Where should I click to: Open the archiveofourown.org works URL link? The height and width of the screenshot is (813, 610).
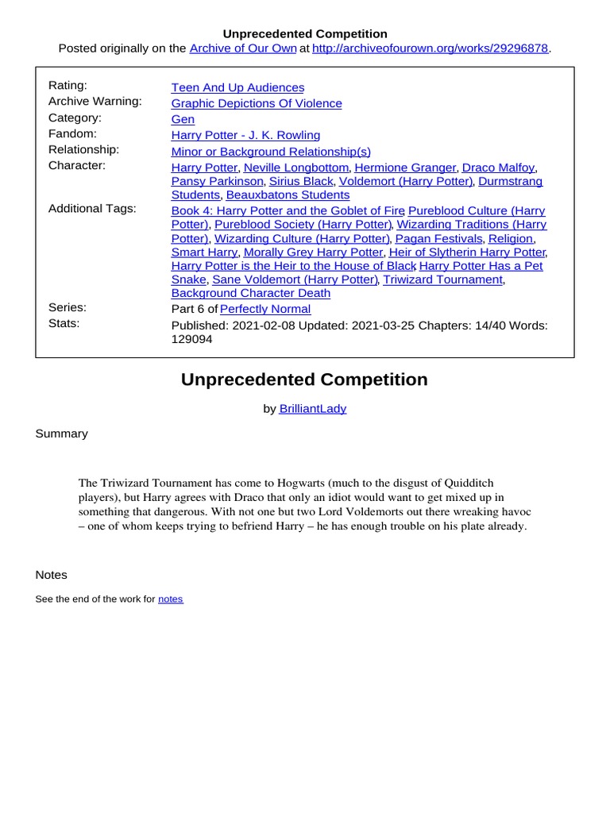pyautogui.click(x=430, y=48)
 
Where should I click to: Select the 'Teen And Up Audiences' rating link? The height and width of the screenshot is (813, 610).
pyautogui.click(x=237, y=87)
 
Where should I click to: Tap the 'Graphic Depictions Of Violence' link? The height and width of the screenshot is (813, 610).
pyautogui.click(x=257, y=103)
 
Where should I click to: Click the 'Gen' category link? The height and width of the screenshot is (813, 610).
pyautogui.click(x=183, y=119)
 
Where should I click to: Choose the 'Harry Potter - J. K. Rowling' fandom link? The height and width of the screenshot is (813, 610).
pyautogui.click(x=245, y=135)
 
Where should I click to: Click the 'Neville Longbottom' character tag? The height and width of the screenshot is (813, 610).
pyautogui.click(x=295, y=168)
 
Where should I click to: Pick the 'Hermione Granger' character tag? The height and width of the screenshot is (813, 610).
pyautogui.click(x=405, y=168)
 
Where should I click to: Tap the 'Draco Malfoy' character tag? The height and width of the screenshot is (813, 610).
pyautogui.click(x=499, y=168)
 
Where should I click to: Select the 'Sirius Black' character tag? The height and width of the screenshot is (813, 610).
pyautogui.click(x=301, y=181)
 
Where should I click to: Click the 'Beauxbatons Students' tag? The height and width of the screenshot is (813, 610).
pyautogui.click(x=288, y=195)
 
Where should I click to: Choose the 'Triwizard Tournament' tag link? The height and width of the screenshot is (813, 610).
pyautogui.click(x=442, y=279)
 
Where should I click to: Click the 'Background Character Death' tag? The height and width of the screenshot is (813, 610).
pyautogui.click(x=251, y=293)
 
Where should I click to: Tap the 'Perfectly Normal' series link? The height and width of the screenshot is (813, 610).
pyautogui.click(x=265, y=309)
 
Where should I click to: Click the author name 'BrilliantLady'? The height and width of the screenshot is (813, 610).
pyautogui.click(x=313, y=408)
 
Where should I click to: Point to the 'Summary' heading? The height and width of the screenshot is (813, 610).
pyautogui.click(x=62, y=433)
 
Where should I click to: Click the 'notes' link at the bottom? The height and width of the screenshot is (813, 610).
pyautogui.click(x=171, y=599)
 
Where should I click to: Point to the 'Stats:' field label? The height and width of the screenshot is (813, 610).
pyautogui.click(x=64, y=323)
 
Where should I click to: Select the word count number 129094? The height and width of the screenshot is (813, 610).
pyautogui.click(x=192, y=339)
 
